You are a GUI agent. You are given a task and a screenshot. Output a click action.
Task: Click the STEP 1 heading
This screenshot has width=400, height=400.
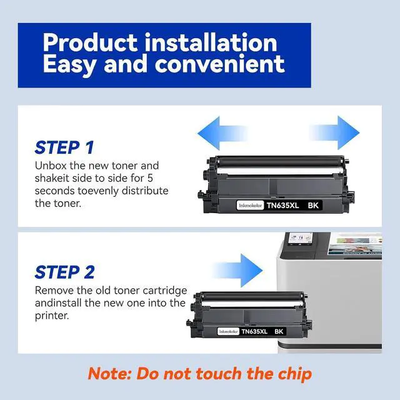point(64,147)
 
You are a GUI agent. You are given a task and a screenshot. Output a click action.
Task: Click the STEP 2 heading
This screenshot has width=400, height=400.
point(64,272)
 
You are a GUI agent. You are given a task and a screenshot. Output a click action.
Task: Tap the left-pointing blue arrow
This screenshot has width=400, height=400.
point(222,133)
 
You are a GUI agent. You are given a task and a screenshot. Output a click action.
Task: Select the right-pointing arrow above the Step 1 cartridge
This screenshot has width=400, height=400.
point(334,132)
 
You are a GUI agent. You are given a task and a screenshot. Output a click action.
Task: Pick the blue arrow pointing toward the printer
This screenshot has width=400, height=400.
point(237,271)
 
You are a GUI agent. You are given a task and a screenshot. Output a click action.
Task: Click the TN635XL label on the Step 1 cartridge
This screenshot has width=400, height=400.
point(282,206)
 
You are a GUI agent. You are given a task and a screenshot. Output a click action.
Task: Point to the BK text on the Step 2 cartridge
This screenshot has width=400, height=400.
point(279,331)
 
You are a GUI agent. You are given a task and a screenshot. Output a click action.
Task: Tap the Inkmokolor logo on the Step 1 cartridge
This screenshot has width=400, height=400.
point(250,206)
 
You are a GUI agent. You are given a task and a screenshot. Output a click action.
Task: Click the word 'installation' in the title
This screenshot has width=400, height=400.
point(211,42)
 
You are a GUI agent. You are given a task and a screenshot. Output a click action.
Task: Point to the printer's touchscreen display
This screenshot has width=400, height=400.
point(300,239)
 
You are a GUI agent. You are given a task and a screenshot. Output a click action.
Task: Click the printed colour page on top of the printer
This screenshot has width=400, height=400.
point(354,244)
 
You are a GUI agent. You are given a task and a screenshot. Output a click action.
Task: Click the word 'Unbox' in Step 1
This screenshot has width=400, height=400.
point(51,166)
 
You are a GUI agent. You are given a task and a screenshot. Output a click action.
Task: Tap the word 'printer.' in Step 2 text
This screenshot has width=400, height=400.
point(52,316)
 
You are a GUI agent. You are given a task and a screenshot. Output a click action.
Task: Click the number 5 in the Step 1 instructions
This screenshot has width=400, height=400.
point(150,178)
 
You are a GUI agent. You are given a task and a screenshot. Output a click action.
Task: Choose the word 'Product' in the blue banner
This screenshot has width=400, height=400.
point(90,42)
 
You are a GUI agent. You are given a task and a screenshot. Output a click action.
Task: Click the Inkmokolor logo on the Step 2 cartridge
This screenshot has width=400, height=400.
point(228,331)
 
